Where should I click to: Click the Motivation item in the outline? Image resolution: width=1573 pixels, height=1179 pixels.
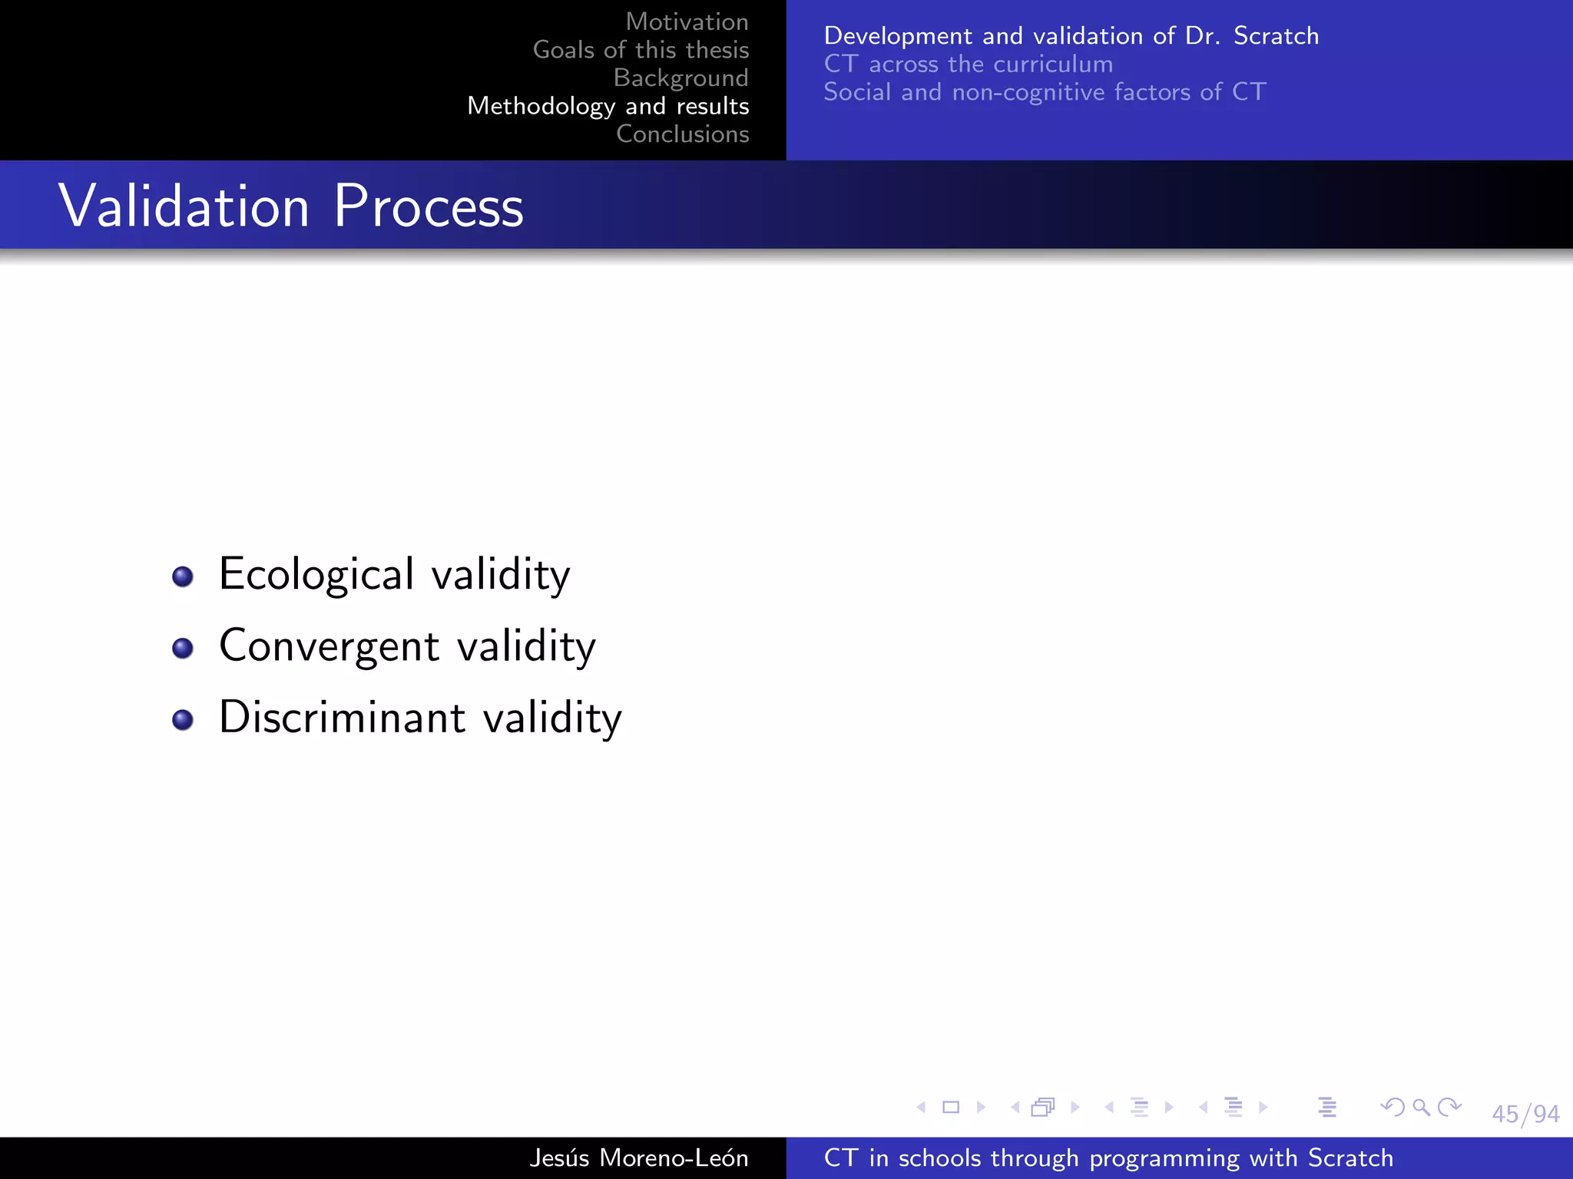pyautogui.click(x=687, y=21)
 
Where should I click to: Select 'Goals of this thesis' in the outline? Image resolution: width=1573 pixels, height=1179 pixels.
pyautogui.click(x=641, y=50)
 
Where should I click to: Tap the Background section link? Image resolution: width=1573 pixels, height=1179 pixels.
pyautogui.click(x=681, y=78)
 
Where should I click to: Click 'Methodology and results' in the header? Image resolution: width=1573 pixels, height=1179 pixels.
pyautogui.click(x=608, y=106)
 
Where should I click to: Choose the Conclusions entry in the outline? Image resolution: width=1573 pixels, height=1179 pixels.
pyautogui.click(x=682, y=134)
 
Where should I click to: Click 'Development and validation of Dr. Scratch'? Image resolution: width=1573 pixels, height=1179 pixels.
pyautogui.click(x=1071, y=36)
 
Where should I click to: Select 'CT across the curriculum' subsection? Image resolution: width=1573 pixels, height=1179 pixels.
pyautogui.click(x=968, y=64)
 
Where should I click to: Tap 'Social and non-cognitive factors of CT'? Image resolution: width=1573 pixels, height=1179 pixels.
pyautogui.click(x=1044, y=92)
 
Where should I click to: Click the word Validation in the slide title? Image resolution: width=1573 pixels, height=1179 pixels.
pyautogui.click(x=184, y=206)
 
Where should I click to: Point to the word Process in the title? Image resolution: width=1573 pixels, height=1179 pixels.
pyautogui.click(x=429, y=206)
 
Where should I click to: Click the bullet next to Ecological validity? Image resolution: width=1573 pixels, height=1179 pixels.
pyautogui.click(x=183, y=576)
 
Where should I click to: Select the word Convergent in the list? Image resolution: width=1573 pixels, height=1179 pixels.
pyautogui.click(x=329, y=646)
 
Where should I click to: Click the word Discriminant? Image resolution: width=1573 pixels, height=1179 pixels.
pyautogui.click(x=342, y=718)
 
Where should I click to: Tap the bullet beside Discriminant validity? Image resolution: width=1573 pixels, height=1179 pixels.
pyautogui.click(x=183, y=719)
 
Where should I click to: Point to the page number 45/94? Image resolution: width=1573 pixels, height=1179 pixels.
pyautogui.click(x=1525, y=1114)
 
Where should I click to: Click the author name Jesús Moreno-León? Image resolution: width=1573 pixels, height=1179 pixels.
pyautogui.click(x=638, y=1158)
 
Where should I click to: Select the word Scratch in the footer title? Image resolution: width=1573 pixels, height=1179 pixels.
pyautogui.click(x=1350, y=1158)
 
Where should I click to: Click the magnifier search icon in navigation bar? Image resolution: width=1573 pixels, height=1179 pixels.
pyautogui.click(x=1421, y=1107)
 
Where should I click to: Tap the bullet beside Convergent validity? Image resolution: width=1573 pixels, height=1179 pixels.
pyautogui.click(x=183, y=648)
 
